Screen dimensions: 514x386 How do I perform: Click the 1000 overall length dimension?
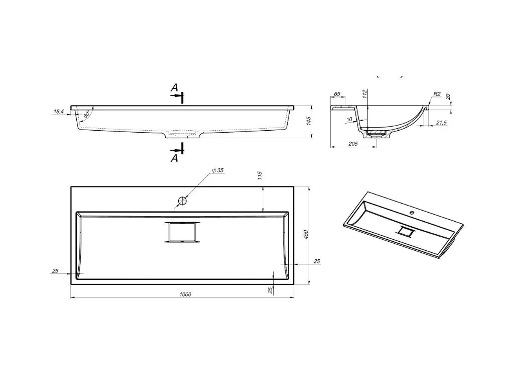click(185, 294)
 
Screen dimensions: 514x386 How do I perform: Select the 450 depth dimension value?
click(306, 234)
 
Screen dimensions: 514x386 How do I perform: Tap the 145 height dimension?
click(309, 121)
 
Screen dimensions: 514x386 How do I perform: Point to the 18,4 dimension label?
click(58, 112)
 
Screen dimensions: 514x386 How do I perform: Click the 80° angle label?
click(86, 115)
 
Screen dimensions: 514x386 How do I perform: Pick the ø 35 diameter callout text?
click(218, 170)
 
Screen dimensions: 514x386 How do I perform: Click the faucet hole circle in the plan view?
click(182, 200)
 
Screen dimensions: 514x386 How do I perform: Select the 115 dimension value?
click(260, 175)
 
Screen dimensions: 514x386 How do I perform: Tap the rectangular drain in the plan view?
click(182, 232)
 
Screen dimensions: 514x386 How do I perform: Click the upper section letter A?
click(174, 87)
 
